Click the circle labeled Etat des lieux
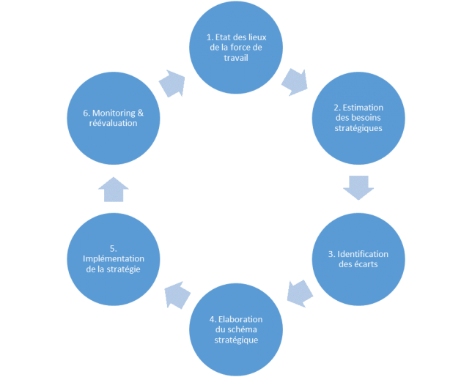click(x=236, y=47)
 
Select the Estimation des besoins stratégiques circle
click(x=358, y=118)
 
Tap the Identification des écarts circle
click(x=358, y=259)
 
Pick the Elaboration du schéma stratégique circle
click(x=236, y=329)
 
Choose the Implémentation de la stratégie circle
click(x=114, y=259)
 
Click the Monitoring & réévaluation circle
click(x=114, y=118)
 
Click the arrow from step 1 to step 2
click(x=295, y=83)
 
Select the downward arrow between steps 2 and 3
click(x=358, y=187)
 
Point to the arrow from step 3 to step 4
click(x=300, y=294)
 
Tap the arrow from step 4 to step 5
click(x=177, y=295)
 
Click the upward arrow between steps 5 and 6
click(x=114, y=190)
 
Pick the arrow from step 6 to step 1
click(x=172, y=83)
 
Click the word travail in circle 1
click(x=236, y=57)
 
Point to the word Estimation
click(x=363, y=108)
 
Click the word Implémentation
click(x=114, y=259)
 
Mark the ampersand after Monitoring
click(x=140, y=113)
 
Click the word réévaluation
click(x=113, y=123)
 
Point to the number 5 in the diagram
click(x=112, y=249)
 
